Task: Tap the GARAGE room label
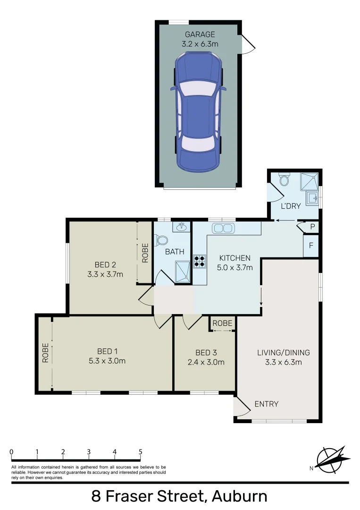click(x=200, y=34)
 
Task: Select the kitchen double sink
click(x=223, y=229)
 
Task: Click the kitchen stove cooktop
click(x=200, y=261)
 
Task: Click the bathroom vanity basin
click(x=180, y=228)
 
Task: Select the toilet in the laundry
click(x=284, y=180)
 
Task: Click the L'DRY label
click(x=291, y=206)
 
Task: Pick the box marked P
click(x=312, y=227)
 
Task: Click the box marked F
click(x=311, y=246)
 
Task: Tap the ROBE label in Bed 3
click(x=222, y=323)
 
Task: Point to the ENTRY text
click(x=266, y=404)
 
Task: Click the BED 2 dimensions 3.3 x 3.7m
click(x=105, y=274)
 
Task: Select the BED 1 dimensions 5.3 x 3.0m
click(x=107, y=361)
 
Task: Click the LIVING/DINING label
click(x=283, y=352)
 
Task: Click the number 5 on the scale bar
click(x=140, y=451)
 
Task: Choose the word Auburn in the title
click(x=239, y=497)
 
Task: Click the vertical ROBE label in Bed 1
click(x=45, y=353)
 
